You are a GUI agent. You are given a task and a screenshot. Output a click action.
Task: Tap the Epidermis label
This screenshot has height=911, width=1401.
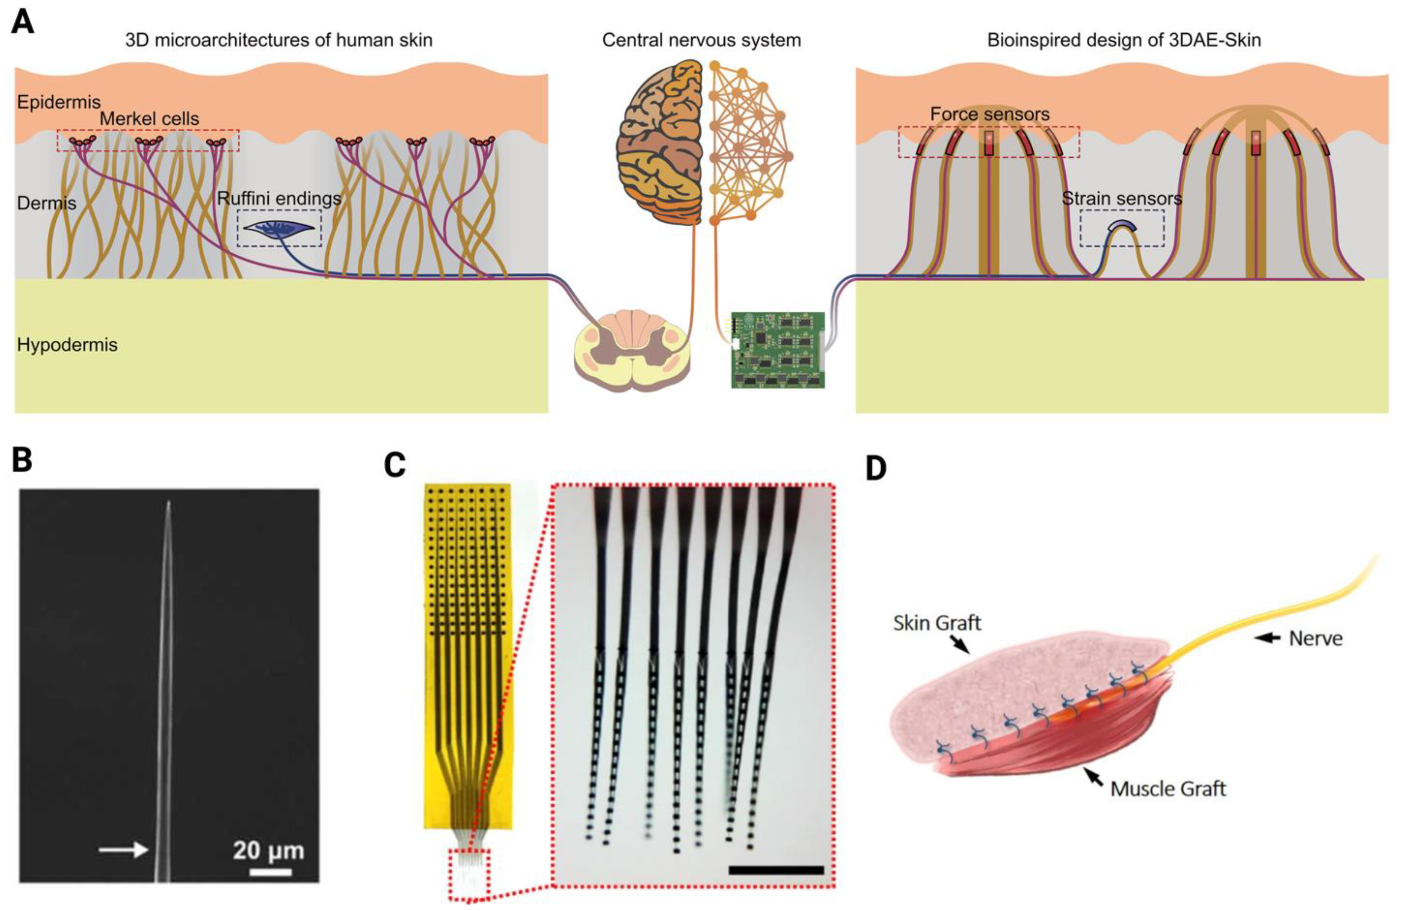click(58, 102)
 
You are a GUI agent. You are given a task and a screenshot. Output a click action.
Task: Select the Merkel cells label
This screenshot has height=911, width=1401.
click(149, 119)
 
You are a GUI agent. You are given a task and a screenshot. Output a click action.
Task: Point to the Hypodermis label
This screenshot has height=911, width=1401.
click(67, 345)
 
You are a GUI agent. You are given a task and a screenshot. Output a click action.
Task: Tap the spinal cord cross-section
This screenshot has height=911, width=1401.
click(632, 350)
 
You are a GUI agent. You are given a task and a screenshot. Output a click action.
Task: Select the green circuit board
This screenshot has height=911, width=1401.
click(777, 350)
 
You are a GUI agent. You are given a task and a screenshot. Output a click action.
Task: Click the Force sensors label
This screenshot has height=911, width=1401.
click(990, 114)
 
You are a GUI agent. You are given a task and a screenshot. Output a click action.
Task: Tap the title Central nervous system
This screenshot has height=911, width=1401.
click(701, 40)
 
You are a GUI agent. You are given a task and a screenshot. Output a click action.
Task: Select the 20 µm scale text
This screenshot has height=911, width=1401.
click(268, 850)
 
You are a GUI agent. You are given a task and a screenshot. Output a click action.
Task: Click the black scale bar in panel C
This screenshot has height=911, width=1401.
click(775, 870)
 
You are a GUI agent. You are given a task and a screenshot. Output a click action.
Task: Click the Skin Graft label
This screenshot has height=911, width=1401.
click(937, 623)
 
